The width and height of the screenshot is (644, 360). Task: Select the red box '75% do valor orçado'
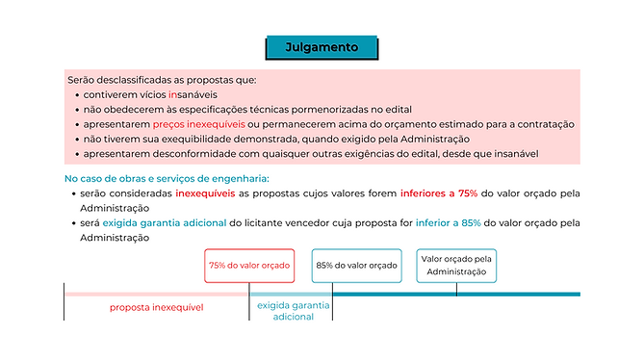point(248,265)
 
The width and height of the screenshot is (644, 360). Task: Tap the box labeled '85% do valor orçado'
point(356,265)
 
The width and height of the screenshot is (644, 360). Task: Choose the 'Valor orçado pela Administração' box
point(457,265)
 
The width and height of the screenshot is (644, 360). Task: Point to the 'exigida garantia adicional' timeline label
point(294,310)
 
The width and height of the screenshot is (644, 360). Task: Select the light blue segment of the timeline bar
point(291,293)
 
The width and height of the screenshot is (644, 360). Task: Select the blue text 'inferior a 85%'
point(448,222)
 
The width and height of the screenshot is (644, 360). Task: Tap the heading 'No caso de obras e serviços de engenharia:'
point(167,178)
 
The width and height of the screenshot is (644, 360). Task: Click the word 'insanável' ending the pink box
point(516,153)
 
